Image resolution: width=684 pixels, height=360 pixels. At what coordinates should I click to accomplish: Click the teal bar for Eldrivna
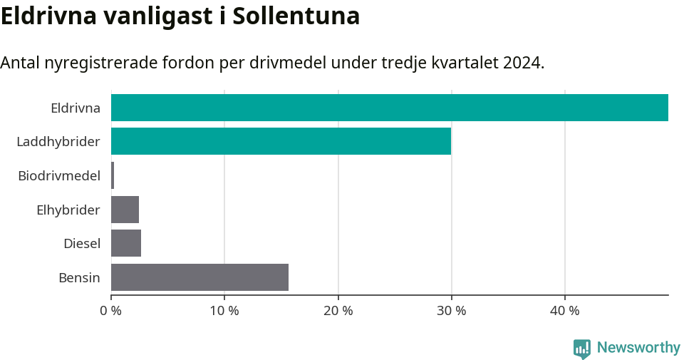click(390, 108)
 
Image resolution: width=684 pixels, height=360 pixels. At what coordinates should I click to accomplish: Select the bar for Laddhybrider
click(281, 141)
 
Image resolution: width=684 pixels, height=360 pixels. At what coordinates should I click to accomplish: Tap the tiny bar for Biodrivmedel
click(113, 175)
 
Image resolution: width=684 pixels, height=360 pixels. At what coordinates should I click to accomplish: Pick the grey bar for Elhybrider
click(125, 210)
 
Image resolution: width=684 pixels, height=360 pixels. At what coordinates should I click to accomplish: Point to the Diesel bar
click(126, 243)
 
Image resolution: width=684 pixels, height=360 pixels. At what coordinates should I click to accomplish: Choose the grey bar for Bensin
click(199, 277)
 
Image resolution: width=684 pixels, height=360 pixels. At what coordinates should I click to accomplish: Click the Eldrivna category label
click(76, 108)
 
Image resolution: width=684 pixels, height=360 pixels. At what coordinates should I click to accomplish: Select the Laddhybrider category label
click(58, 142)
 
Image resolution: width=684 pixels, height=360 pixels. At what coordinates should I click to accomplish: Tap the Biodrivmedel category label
click(59, 176)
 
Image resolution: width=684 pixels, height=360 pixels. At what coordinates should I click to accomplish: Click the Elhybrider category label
click(68, 210)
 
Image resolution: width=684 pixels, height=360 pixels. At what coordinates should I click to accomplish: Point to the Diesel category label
click(82, 244)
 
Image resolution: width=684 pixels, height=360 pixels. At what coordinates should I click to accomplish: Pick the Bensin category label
click(79, 278)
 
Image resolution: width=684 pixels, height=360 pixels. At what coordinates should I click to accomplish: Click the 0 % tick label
click(111, 311)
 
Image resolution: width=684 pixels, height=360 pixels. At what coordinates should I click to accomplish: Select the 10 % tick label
click(224, 311)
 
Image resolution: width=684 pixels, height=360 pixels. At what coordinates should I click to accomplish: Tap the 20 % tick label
click(338, 311)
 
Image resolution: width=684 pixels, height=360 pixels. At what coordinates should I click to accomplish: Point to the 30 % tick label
click(451, 311)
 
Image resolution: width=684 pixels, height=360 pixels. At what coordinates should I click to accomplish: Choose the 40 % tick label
click(564, 311)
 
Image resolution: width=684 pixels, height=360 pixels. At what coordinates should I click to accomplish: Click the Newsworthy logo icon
click(582, 349)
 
